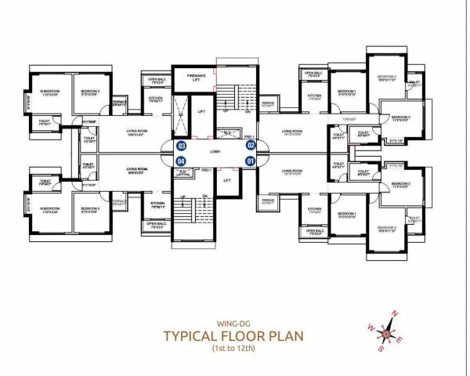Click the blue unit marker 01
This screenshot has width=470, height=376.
click(x=251, y=161)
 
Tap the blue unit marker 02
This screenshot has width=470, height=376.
click(x=251, y=145)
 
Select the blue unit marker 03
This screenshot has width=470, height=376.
click(x=182, y=146)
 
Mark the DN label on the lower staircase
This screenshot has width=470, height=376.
click(x=204, y=196)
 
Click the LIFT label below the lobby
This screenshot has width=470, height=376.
click(x=227, y=180)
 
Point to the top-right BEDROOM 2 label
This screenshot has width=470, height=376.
click(x=389, y=77)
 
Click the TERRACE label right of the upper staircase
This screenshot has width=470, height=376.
click(x=268, y=103)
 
